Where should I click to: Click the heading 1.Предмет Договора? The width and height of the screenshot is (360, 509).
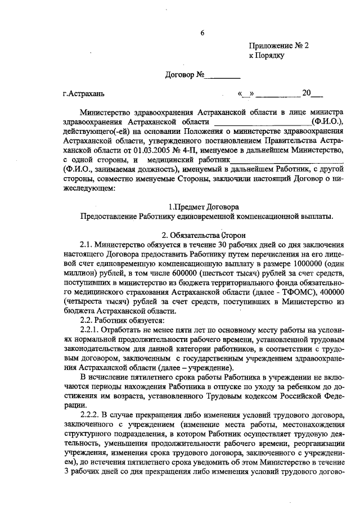coord(204,206)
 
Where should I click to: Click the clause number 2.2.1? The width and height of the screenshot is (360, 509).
coord(91,330)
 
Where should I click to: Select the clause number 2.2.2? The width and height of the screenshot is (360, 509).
coord(91,416)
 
